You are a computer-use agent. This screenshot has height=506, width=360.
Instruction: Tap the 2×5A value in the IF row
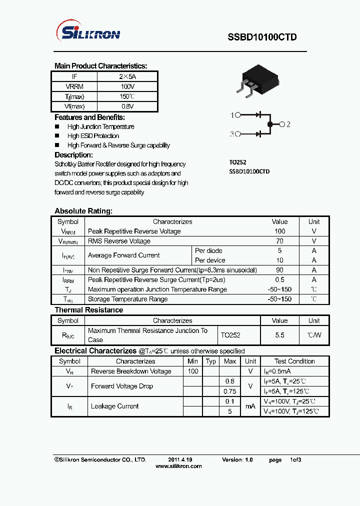pos(127,76)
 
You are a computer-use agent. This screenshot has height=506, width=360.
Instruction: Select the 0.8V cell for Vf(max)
pos(127,106)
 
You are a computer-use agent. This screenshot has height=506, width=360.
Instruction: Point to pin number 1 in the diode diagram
pos(232,115)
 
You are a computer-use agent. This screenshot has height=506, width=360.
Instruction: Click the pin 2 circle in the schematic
pos(282,124)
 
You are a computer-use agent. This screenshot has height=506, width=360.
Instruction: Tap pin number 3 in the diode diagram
pos(232,134)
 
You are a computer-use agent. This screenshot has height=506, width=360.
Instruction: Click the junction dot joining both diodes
pos(270,124)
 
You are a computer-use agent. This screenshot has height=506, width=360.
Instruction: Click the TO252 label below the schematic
pos(237,162)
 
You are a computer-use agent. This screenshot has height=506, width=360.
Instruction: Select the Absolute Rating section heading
pos(83,211)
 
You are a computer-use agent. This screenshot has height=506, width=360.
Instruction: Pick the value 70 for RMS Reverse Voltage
pos(279,241)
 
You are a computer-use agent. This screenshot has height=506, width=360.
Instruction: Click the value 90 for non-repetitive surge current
pos(279,270)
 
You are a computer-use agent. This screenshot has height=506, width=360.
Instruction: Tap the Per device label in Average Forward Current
pos(210,260)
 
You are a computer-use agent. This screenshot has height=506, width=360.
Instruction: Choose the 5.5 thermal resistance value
pos(279,335)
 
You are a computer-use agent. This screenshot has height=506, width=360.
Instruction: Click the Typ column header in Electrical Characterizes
pos(211,361)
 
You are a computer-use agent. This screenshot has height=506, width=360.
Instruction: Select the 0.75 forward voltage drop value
pos(230,391)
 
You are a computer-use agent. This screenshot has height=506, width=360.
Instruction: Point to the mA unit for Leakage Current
pos(250,406)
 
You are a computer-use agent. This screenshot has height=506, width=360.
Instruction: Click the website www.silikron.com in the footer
pos(178,466)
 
